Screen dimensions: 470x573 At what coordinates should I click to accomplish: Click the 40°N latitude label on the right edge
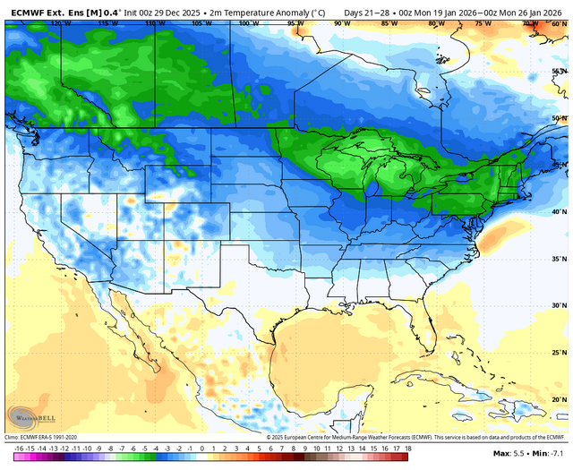click(558, 211)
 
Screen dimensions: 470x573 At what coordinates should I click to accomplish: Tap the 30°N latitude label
click(558, 305)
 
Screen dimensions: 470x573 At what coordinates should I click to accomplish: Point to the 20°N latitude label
click(558, 399)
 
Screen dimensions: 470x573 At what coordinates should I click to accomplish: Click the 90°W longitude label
click(339, 22)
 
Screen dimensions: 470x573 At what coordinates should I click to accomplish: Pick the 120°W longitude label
click(61, 22)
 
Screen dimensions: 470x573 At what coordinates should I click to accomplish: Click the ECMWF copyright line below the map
click(417, 437)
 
